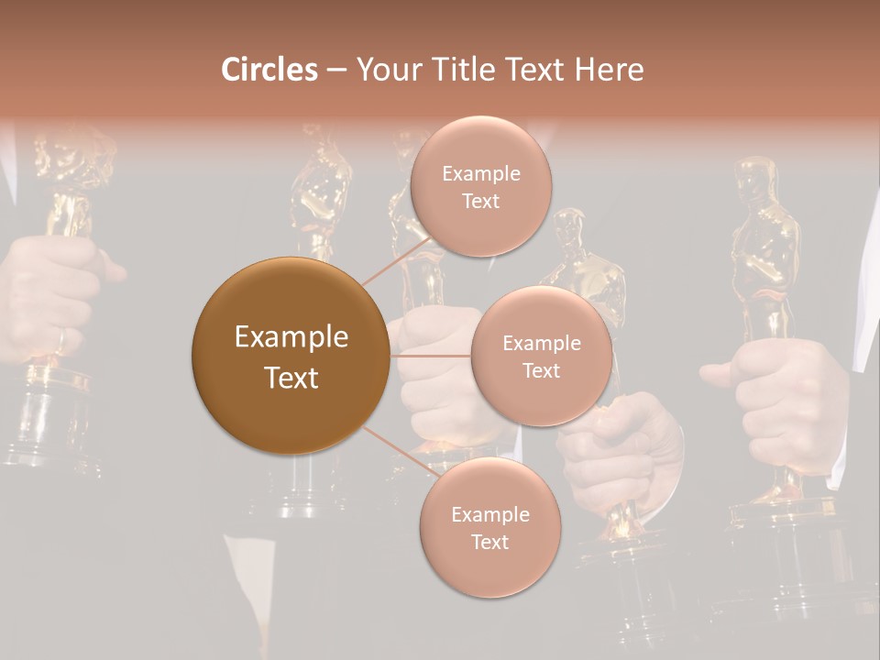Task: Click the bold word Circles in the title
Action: point(269,70)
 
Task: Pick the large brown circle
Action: point(291,356)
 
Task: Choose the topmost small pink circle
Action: point(480,186)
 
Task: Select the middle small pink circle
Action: point(541,356)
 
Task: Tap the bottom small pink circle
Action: point(489,527)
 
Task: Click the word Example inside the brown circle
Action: point(291,337)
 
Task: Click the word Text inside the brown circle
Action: point(291,378)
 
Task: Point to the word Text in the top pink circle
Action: point(480,201)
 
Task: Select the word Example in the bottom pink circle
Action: point(489,514)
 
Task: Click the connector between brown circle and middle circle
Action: point(431,356)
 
